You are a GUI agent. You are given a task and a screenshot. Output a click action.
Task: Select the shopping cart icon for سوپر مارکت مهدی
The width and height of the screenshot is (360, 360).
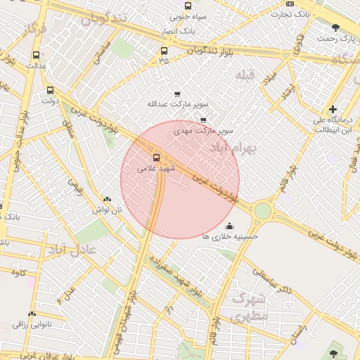[203, 120]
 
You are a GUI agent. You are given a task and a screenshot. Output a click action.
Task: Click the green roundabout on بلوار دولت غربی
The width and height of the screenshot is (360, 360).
[263, 210]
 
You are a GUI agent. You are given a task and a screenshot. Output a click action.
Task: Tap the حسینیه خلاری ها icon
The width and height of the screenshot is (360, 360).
[229, 226]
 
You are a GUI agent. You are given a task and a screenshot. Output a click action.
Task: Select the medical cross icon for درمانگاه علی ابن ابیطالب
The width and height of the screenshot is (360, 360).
[333, 109]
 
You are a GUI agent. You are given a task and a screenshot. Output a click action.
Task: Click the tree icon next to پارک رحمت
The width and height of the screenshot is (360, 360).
[335, 27]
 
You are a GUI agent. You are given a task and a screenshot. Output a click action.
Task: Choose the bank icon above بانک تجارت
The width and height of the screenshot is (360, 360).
[290, 4]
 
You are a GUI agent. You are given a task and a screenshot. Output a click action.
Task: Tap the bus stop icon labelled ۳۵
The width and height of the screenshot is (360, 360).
[164, 51]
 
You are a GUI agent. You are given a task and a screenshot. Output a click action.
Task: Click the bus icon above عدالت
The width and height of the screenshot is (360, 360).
[36, 55]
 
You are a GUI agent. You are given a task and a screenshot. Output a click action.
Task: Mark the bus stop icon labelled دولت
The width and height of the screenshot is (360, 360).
[50, 90]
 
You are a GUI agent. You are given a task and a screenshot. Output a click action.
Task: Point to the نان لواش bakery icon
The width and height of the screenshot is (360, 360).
[106, 200]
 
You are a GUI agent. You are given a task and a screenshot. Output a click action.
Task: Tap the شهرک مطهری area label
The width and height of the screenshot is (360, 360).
[250, 307]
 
